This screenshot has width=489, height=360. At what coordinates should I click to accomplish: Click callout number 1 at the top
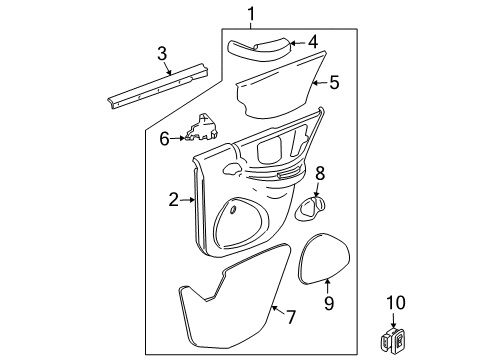click(251, 13)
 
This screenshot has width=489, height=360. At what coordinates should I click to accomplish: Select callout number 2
click(173, 200)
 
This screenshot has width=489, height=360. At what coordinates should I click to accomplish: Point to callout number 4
click(312, 43)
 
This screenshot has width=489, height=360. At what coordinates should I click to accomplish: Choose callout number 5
click(334, 84)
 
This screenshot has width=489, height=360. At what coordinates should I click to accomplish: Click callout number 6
click(165, 139)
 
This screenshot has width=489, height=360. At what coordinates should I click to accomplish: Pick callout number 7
click(291, 317)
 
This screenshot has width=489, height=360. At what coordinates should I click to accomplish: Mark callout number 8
click(320, 173)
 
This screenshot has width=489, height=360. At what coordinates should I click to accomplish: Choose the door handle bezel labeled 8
click(312, 206)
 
